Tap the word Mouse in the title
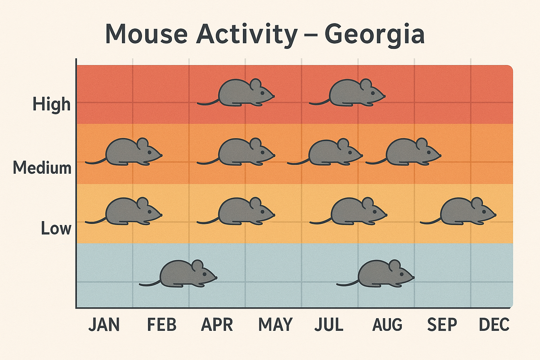(x=146, y=34)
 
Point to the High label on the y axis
(x=52, y=104)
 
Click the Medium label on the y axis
(x=42, y=168)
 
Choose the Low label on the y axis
(x=56, y=229)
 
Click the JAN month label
(x=104, y=325)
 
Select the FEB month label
(x=161, y=325)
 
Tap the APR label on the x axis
(x=217, y=325)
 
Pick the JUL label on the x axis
(x=329, y=325)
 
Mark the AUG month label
(x=387, y=325)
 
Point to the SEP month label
(x=442, y=325)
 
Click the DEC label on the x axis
(x=494, y=325)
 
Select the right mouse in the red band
(x=352, y=93)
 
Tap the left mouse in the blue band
(x=183, y=274)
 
